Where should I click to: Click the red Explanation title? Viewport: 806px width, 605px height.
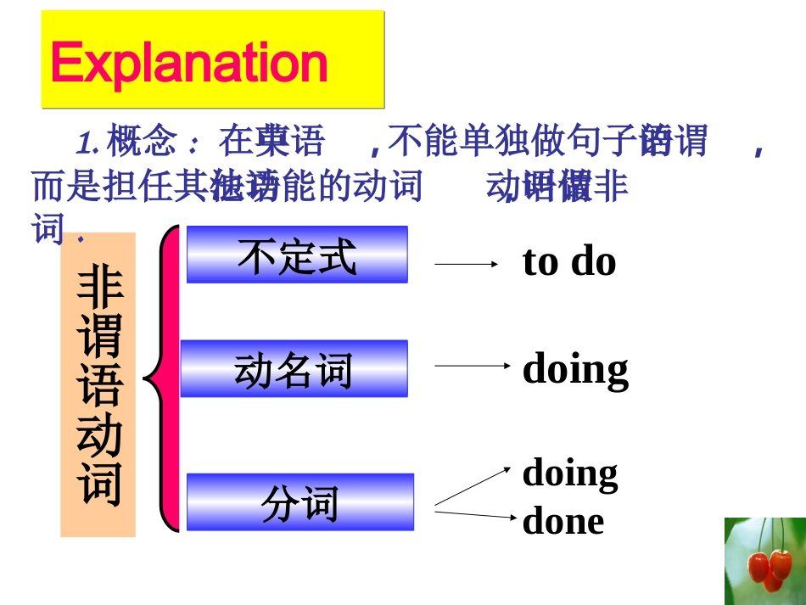click(189, 63)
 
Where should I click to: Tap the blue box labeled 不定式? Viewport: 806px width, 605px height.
click(297, 255)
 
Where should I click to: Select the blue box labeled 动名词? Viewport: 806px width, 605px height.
click(294, 369)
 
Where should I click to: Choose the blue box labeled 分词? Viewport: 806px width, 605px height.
click(299, 502)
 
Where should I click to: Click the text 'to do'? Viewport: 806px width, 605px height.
click(568, 261)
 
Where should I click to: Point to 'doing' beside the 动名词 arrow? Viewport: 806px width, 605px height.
click(575, 369)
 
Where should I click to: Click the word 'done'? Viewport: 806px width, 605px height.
click(563, 521)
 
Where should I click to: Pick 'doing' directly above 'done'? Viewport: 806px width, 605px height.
click(569, 473)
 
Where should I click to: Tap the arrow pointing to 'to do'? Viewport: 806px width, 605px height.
click(466, 264)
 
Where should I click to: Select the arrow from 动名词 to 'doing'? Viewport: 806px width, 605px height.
click(472, 366)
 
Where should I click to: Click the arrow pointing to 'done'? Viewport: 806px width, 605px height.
click(475, 515)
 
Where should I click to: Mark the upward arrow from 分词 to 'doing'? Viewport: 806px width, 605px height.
click(473, 486)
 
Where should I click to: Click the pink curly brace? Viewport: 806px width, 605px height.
click(166, 378)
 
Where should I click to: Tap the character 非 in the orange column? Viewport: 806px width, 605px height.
click(99, 288)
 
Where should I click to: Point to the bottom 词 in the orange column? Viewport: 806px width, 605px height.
click(99, 484)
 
